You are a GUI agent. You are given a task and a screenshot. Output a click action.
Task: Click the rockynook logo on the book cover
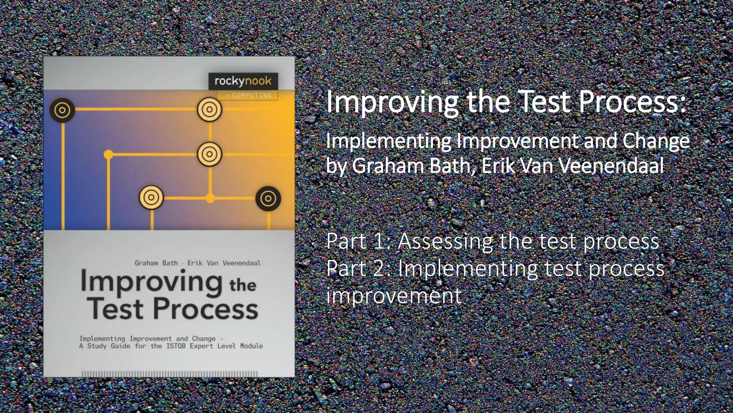click(x=243, y=81)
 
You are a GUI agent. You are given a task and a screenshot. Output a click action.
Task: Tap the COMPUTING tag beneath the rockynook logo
click(x=248, y=95)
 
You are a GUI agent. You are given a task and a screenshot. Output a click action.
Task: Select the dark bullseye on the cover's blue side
click(x=62, y=110)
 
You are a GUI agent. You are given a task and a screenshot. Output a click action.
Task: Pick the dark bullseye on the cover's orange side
click(x=268, y=198)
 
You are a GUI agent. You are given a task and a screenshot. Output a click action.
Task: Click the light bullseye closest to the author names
click(x=151, y=198)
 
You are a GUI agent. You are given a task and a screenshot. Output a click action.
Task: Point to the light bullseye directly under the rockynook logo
click(x=209, y=110)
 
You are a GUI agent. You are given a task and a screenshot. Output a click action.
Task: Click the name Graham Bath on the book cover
click(x=156, y=263)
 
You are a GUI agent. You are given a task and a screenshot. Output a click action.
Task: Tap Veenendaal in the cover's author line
click(x=242, y=263)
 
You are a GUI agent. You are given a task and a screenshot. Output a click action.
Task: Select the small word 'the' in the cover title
click(x=243, y=285)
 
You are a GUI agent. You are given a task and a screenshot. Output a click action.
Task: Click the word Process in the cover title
click(x=206, y=309)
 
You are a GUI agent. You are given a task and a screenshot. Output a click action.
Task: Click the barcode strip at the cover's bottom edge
click(x=169, y=374)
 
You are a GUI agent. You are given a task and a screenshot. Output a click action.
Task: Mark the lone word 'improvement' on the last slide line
click(x=394, y=296)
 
